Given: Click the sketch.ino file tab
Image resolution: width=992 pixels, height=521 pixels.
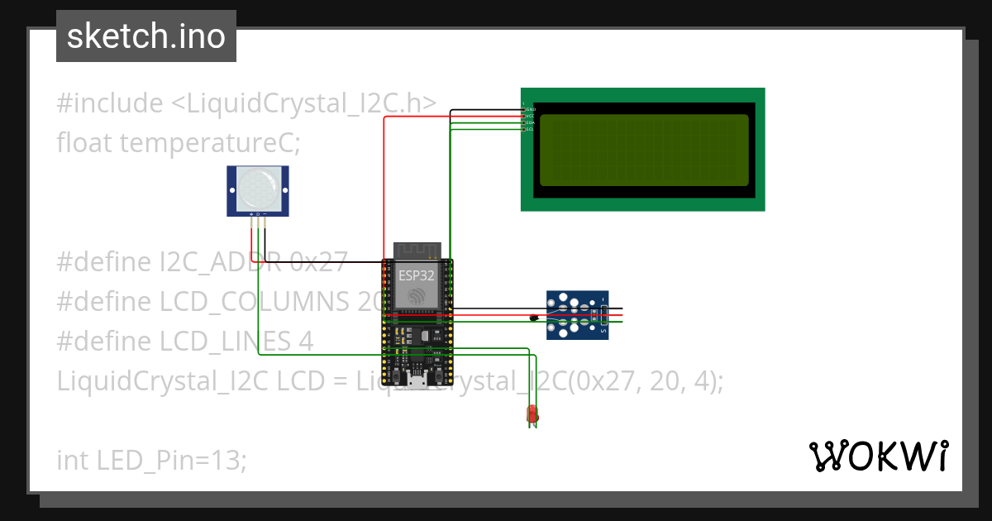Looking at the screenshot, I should pos(146,36).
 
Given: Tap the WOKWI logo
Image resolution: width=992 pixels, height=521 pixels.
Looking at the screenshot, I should pos(878,456).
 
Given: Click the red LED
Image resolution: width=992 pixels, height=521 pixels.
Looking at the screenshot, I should pos(532,414).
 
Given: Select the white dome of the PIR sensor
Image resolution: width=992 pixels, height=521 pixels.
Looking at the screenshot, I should pos(258,189).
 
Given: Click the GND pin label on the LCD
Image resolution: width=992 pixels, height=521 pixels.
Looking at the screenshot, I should pos(531,109).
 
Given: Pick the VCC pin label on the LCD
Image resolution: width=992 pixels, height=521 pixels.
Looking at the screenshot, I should pos(531,116).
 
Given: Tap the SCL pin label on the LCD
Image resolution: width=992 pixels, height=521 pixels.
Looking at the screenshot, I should pos(531,129).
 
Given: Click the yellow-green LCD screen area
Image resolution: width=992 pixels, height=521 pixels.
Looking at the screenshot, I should pos(644,150).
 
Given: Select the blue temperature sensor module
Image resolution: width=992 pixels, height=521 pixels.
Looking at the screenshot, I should pos(577,314).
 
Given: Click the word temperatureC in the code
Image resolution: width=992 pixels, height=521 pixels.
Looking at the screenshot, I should pos(210,143).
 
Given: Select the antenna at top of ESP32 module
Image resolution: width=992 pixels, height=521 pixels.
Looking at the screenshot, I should pos(417,251).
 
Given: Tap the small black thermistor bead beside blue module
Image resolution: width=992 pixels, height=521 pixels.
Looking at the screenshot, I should pos(534,317).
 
